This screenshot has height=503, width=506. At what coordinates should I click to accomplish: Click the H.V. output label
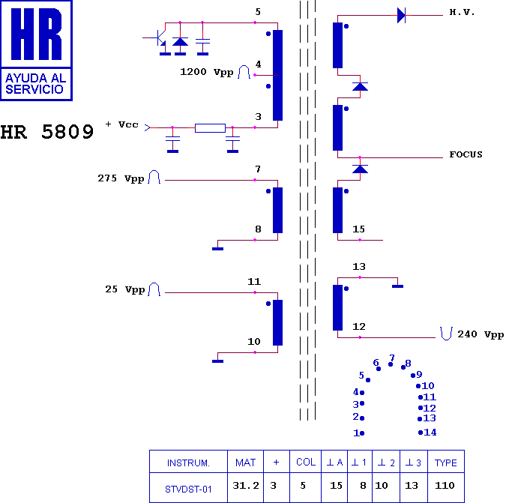pyautogui.click(x=462, y=13)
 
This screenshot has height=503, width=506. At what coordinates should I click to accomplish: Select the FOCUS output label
pyautogui.click(x=466, y=154)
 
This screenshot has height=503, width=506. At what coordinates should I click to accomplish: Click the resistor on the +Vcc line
pyautogui.click(x=210, y=128)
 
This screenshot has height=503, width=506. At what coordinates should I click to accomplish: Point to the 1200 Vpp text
pyautogui.click(x=207, y=72)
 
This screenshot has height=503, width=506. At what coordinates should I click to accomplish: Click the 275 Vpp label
pyautogui.click(x=121, y=178)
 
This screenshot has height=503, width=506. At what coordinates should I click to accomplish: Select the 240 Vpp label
pyautogui.click(x=481, y=334)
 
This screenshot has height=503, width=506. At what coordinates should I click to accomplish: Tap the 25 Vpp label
pyautogui.click(x=125, y=289)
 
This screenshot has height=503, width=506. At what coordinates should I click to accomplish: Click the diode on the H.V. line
pyautogui.click(x=401, y=15)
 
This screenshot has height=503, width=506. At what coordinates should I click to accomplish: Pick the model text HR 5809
pyautogui.click(x=47, y=132)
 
